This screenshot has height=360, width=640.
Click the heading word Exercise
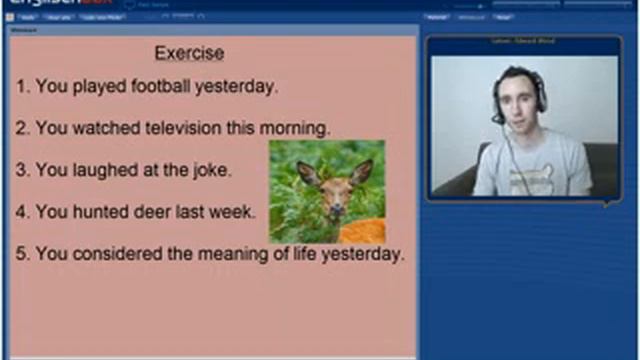coord(189,53)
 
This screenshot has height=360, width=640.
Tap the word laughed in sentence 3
coord(100,171)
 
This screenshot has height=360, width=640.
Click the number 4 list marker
coord(21,212)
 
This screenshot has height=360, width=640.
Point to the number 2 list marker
coord(21,129)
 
